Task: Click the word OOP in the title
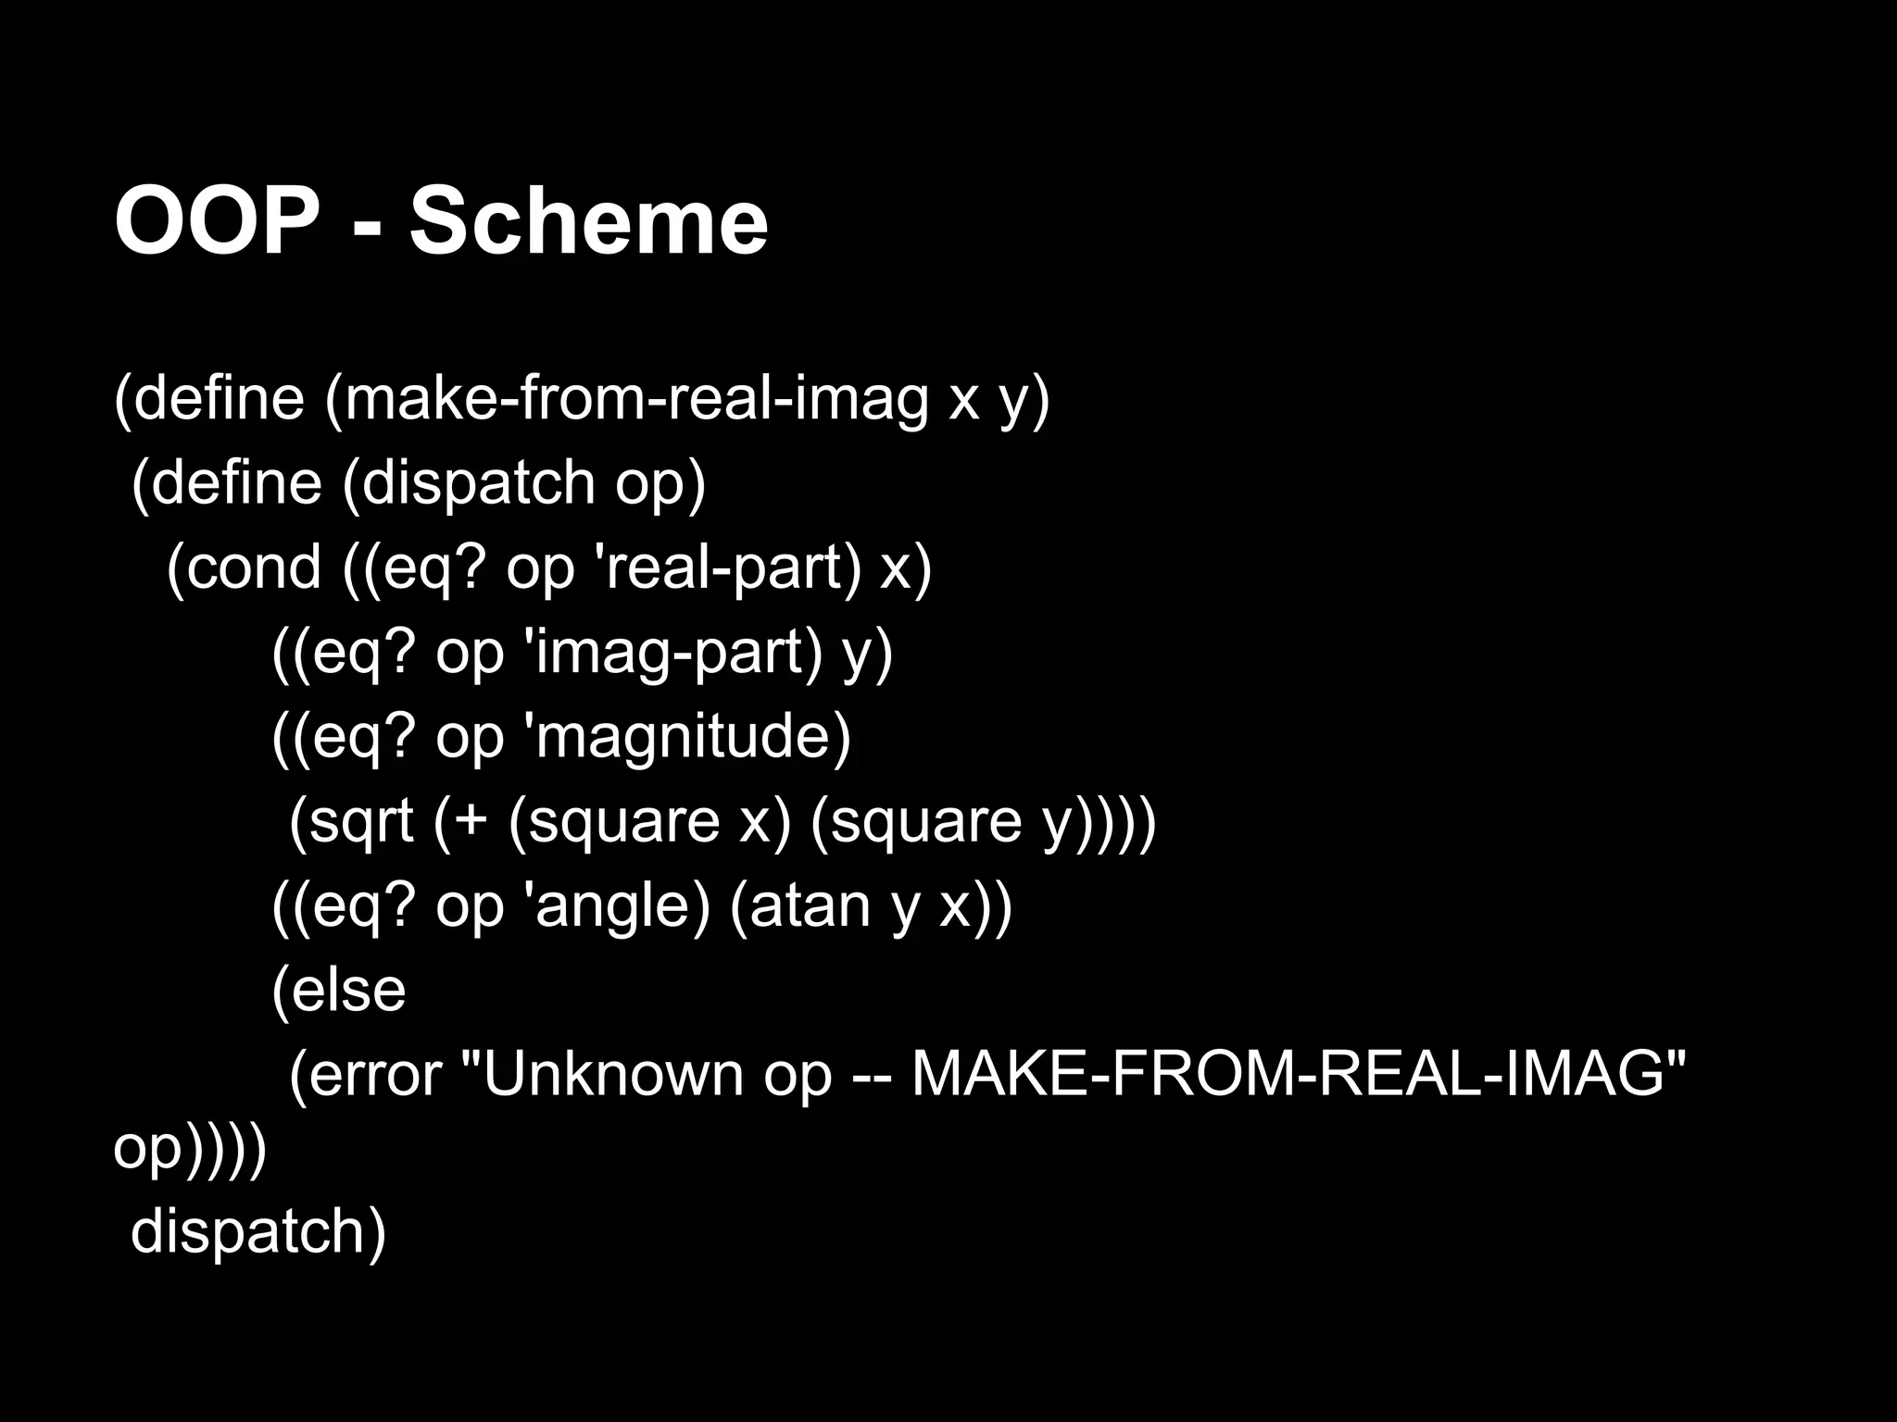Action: tap(217, 222)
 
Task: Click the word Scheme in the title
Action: tap(589, 222)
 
